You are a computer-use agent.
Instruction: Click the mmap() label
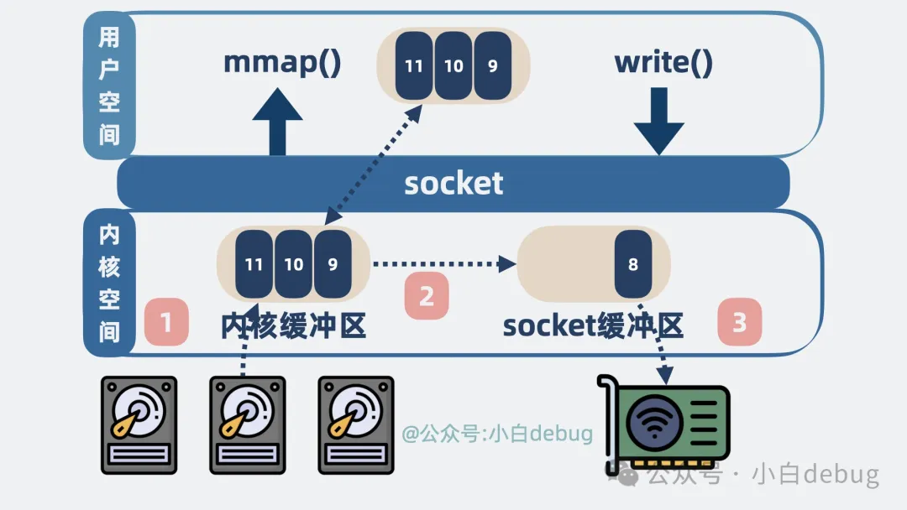pyautogui.click(x=282, y=63)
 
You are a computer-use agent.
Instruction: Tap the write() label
pyautogui.click(x=663, y=63)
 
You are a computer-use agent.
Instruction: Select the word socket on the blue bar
pyautogui.click(x=453, y=183)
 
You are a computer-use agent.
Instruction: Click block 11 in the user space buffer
pyautogui.click(x=414, y=65)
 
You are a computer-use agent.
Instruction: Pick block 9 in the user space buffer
pyautogui.click(x=492, y=65)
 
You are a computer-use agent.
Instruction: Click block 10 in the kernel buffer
pyautogui.click(x=294, y=264)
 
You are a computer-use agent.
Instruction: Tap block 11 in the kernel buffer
pyautogui.click(x=254, y=264)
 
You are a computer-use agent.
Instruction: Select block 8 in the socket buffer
pyautogui.click(x=633, y=264)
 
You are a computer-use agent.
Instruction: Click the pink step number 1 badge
pyautogui.click(x=165, y=322)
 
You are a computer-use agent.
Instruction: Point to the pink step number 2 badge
pyautogui.click(x=427, y=296)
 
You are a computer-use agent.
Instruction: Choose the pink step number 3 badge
pyautogui.click(x=739, y=322)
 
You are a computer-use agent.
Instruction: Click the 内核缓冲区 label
pyautogui.click(x=294, y=325)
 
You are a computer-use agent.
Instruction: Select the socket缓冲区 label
pyautogui.click(x=593, y=325)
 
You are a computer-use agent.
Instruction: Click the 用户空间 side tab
pyautogui.click(x=109, y=86)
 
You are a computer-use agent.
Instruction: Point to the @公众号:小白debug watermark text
pyautogui.click(x=497, y=434)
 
